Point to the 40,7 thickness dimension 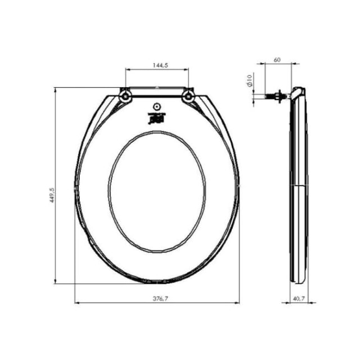point(299,299)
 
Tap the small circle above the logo point(157,107)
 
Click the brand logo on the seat point(157,118)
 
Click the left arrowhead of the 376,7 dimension point(77,303)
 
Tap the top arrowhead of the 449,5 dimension point(56,89)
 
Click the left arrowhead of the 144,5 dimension point(127,70)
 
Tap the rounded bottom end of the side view point(298,279)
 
